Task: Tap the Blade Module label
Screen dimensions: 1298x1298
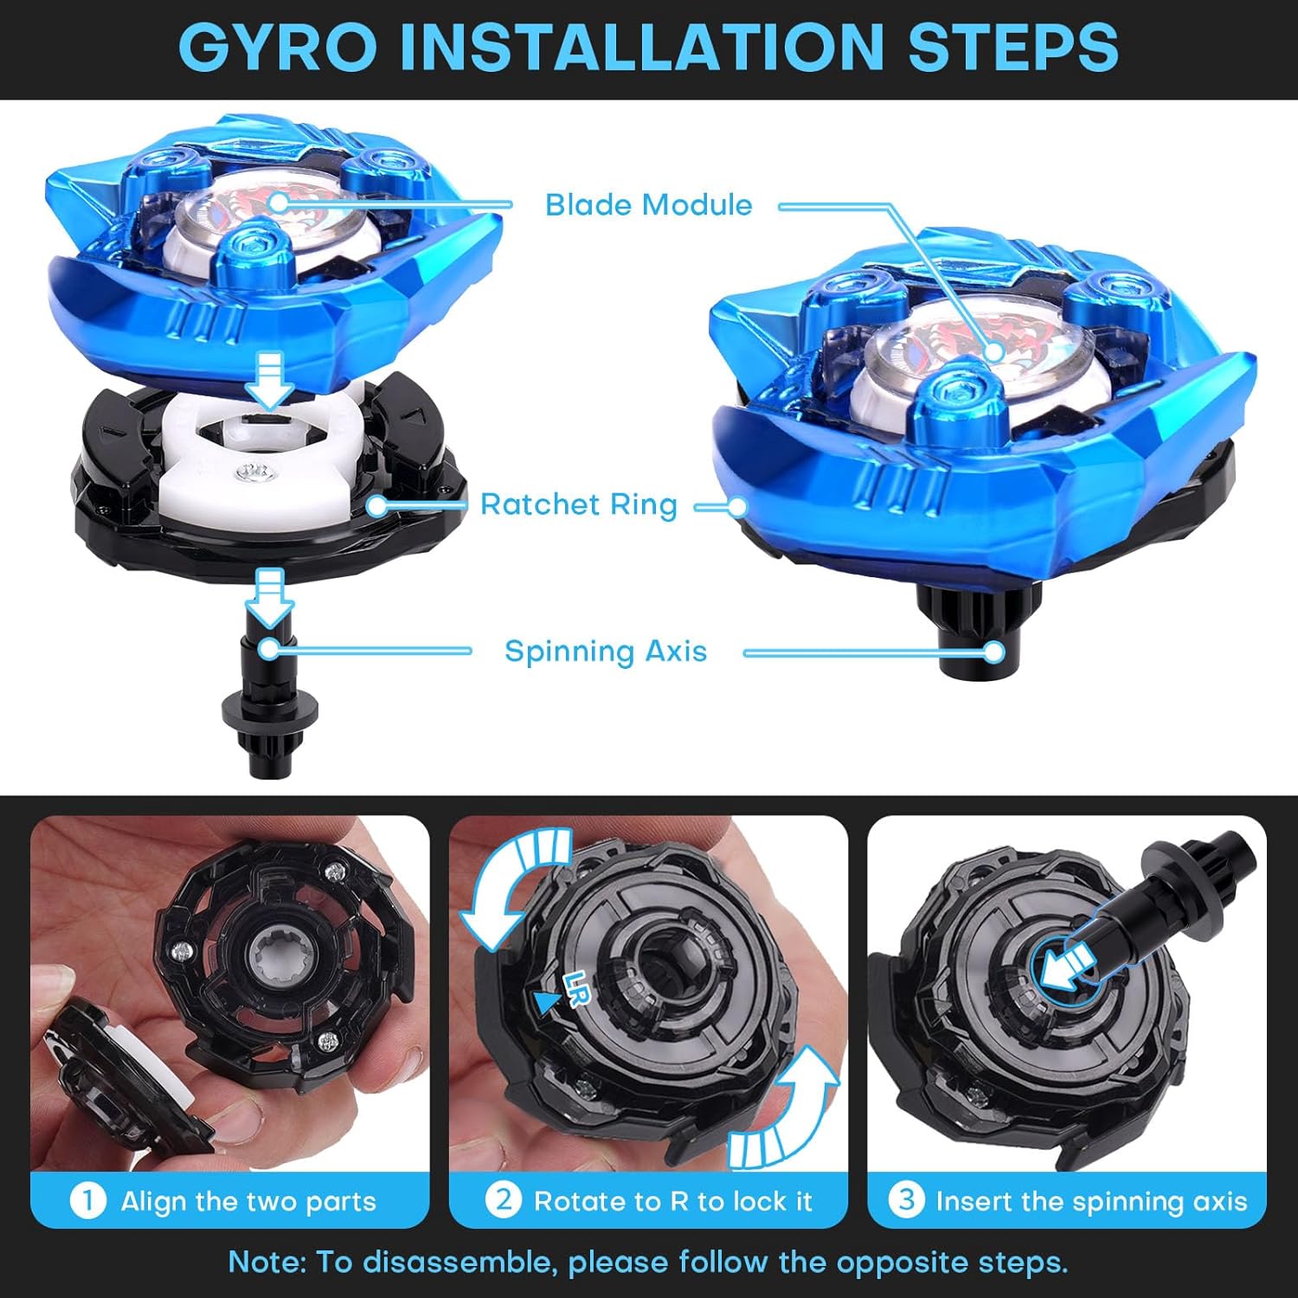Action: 648,205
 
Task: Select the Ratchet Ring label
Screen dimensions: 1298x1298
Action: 578,504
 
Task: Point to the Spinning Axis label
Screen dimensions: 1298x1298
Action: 606,651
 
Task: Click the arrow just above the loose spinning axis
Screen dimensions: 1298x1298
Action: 270,597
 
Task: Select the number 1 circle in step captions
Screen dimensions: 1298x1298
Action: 87,1201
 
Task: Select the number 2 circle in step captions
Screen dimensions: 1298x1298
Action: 503,1201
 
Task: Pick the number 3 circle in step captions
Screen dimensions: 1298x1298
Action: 906,1201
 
